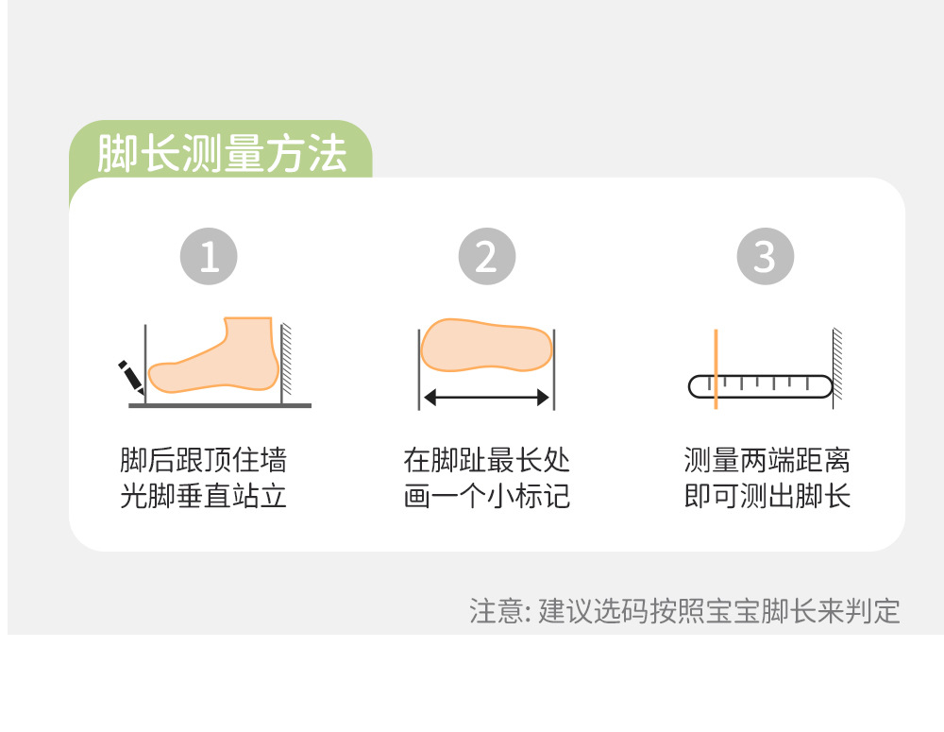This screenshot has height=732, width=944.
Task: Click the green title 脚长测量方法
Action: click(x=222, y=153)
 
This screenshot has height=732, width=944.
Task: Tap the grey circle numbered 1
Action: click(x=209, y=256)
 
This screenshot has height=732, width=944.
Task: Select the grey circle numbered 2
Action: click(x=487, y=256)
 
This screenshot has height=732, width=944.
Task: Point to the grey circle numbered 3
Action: click(x=766, y=256)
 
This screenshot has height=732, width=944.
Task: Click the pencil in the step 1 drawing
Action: click(x=130, y=377)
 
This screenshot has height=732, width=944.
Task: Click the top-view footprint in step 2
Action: click(x=486, y=345)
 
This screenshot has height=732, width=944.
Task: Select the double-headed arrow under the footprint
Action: click(x=486, y=397)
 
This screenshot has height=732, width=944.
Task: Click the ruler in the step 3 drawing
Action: click(x=760, y=386)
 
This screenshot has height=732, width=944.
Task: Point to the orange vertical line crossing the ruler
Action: click(x=716, y=369)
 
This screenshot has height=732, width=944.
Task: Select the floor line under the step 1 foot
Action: click(x=220, y=405)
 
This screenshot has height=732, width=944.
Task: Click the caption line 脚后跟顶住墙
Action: click(x=204, y=460)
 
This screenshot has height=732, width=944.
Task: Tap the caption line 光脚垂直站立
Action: click(x=204, y=496)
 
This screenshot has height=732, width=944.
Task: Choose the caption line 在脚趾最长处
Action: click(x=486, y=460)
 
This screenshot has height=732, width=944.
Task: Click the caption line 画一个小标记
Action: click(x=486, y=496)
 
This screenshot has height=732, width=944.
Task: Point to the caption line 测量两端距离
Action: click(x=767, y=460)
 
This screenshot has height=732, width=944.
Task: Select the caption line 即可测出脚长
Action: click(x=767, y=496)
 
